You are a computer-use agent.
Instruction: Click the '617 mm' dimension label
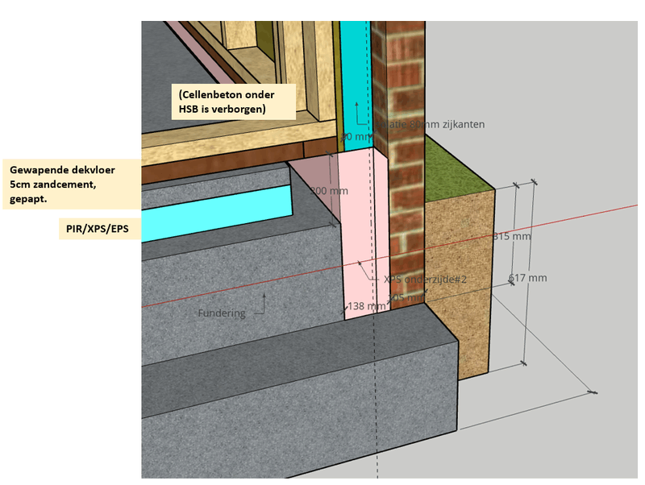(x=528, y=278)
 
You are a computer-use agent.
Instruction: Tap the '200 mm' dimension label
(x=329, y=192)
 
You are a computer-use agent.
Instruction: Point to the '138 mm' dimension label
(x=365, y=306)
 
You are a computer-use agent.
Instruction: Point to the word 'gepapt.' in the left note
(x=28, y=198)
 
